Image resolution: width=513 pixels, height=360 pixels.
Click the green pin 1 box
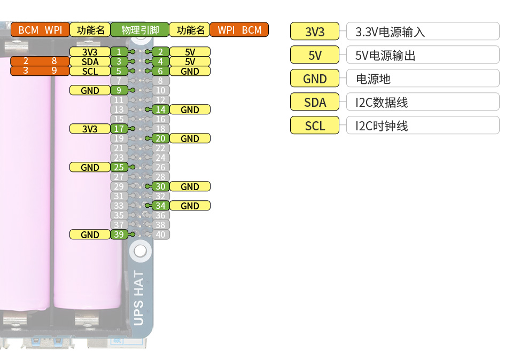pos(119,52)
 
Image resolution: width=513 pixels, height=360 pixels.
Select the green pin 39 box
pos(119,234)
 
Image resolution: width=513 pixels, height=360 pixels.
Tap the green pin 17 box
pos(119,129)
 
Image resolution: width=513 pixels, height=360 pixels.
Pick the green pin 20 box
pos(160,138)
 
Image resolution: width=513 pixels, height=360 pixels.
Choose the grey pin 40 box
pos(160,234)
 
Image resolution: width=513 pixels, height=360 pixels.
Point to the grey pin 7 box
pos(119,81)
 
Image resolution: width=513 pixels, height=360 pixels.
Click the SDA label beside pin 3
pos(90,61)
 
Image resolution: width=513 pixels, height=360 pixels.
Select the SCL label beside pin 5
pos(90,71)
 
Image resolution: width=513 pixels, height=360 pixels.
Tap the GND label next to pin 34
pos(190,206)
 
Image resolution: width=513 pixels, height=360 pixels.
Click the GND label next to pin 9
pos(90,90)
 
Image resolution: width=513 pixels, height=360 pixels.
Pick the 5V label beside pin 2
pos(190,52)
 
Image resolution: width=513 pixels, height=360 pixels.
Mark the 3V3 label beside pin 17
pos(90,129)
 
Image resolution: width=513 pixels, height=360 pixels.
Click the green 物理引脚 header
pos(139,30)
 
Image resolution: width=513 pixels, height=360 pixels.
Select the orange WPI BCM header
pos(239,30)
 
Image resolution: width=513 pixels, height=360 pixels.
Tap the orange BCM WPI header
pos(40,30)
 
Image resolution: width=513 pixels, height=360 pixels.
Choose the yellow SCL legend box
pos(315,126)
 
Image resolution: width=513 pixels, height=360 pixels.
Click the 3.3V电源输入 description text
pos(390,32)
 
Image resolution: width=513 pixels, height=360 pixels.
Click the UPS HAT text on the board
pos(138,298)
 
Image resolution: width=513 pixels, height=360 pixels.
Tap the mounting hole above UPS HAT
pos(140,250)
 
